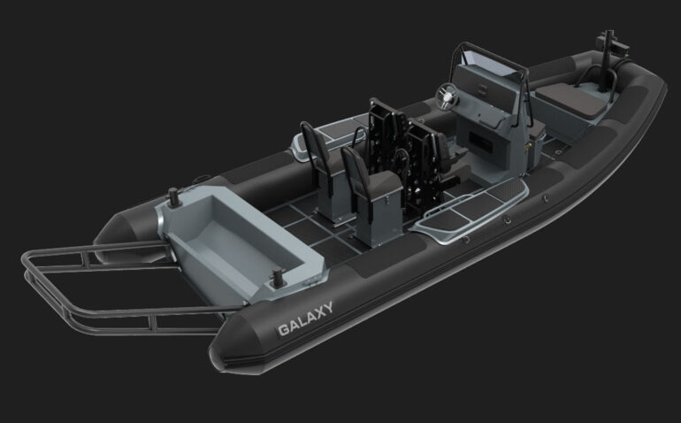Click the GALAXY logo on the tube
(305, 319)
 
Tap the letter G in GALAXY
(283, 329)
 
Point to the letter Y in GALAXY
(327, 308)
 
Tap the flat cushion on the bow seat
(571, 100)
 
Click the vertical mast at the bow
(608, 61)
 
